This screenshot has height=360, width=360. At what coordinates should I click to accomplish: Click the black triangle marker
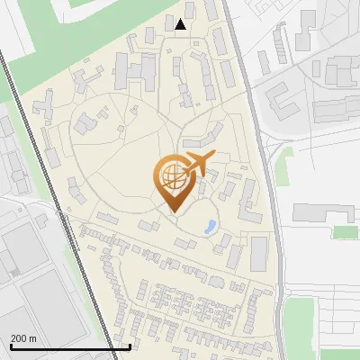(x=182, y=24)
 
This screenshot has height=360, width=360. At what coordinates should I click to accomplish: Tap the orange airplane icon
(x=198, y=165)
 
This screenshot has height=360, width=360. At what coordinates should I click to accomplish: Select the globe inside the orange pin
(x=171, y=176)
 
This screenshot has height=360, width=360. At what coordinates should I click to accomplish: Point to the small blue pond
(x=211, y=227)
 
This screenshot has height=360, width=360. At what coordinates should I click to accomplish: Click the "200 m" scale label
(x=24, y=338)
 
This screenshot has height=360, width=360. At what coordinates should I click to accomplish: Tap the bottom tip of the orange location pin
(x=172, y=211)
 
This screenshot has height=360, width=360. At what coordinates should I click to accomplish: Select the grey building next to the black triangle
(x=169, y=31)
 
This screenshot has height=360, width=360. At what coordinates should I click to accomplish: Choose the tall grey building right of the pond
(x=259, y=254)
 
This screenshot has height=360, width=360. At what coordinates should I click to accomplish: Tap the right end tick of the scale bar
(x=130, y=345)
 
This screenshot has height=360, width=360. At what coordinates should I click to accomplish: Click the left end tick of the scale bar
(x=11, y=345)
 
